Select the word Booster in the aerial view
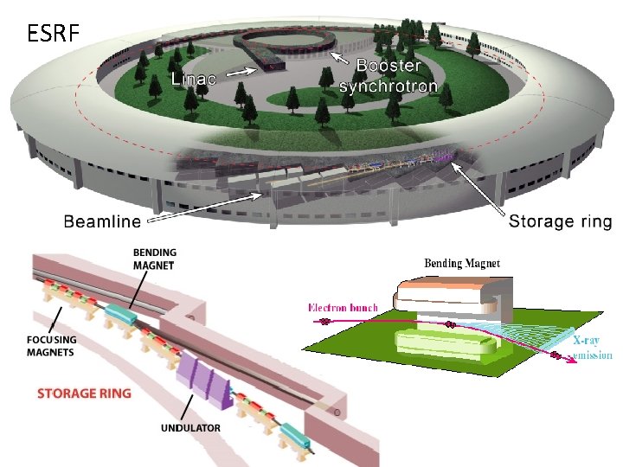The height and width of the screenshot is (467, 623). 389,66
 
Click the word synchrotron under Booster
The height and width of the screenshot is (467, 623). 389,86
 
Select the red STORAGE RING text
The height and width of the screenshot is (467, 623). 84,393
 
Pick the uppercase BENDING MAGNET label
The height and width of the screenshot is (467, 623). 155,258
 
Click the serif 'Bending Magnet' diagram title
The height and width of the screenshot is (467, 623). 462,262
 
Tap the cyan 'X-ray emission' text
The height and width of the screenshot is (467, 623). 593,348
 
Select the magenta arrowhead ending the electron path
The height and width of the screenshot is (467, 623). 572,362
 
